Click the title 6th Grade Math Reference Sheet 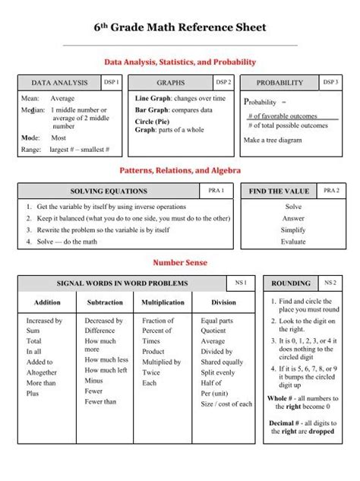tap(180, 29)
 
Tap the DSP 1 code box tap(111, 82)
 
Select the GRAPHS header tap(170, 83)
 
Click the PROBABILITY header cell tap(279, 83)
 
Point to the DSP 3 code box tap(331, 82)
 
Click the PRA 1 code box tap(216, 190)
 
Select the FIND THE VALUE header tap(279, 191)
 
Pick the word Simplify tap(293, 229)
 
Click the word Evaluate tap(293, 242)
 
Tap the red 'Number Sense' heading tap(180, 263)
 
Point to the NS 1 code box tap(241, 283)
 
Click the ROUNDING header tap(291, 283)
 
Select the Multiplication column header tap(163, 302)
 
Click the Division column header tap(223, 302)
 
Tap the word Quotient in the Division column tap(213, 331)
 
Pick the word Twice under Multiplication tap(151, 373)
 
